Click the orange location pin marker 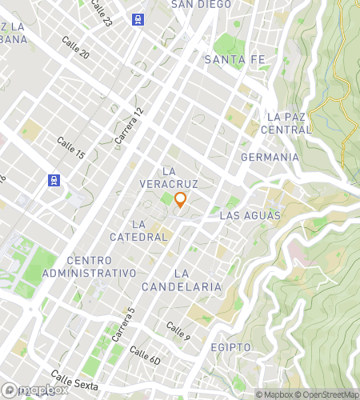pyautogui.click(x=180, y=200)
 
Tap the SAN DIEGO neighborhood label pyautogui.click(x=201, y=5)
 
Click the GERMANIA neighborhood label pyautogui.click(x=269, y=157)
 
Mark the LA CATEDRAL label pyautogui.click(x=150, y=230)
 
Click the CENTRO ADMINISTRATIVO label pyautogui.click(x=101, y=266)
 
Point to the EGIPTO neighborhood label pyautogui.click(x=231, y=347)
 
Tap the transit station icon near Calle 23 pyautogui.click(x=139, y=19)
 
